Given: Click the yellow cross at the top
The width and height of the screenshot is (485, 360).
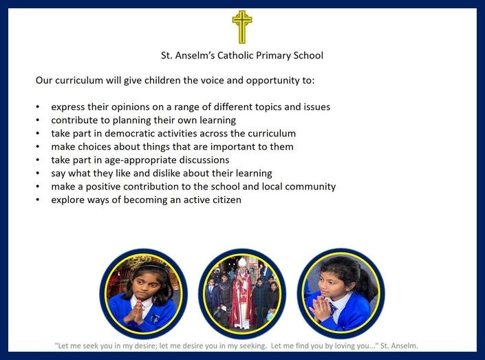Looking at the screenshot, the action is coord(242,27).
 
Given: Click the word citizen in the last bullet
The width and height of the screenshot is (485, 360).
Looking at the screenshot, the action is coord(227,200).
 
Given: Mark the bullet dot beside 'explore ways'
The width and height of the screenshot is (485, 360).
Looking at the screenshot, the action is coord(37,200).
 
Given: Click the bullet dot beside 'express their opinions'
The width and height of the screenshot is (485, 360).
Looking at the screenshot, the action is coord(37,107).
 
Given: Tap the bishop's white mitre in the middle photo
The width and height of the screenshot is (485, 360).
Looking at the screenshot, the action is coord(242,262).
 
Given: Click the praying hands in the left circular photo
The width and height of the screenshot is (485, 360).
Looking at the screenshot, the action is coord(136,312).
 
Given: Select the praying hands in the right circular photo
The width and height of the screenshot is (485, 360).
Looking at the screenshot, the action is coord(319,308).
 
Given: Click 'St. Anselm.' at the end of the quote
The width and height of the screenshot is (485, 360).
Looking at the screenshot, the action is coord(399,346).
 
